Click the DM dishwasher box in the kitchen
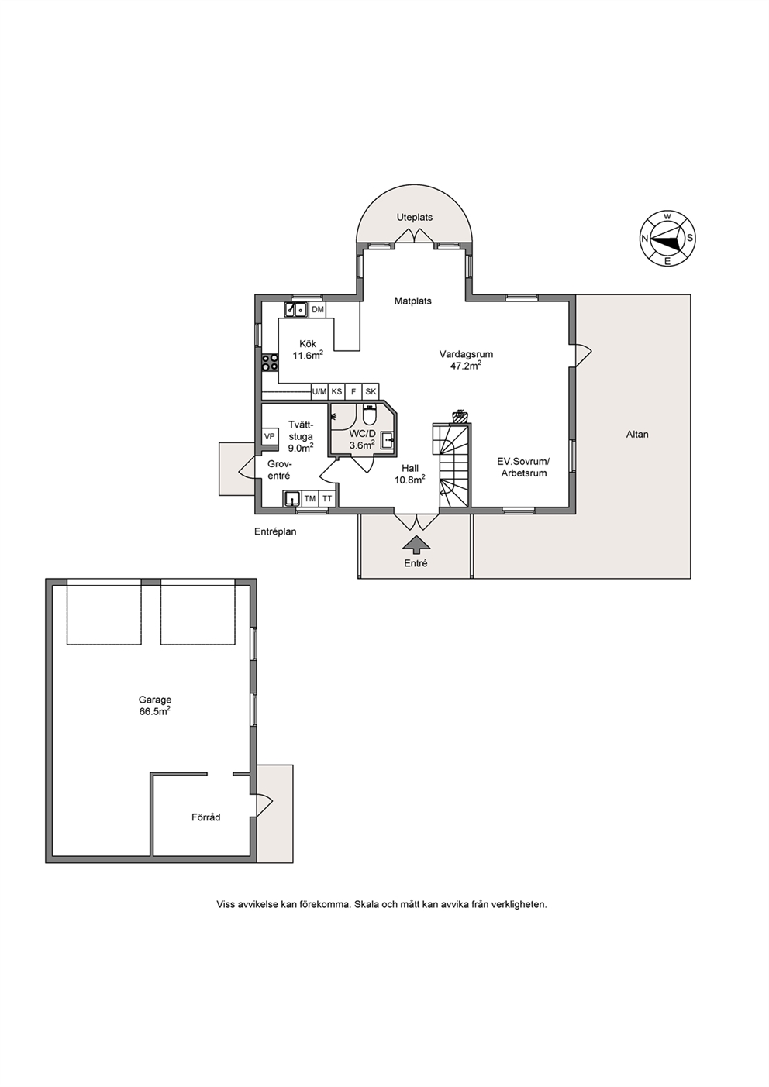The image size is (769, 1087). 318,310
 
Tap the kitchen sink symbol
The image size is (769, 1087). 295,309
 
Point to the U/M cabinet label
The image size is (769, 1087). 319,391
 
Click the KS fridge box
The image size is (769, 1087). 336,391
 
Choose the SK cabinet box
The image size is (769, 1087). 371,391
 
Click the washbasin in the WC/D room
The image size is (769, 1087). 388,441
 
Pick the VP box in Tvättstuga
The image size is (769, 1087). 270,436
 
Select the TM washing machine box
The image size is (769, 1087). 310,498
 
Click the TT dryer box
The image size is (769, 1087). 327,498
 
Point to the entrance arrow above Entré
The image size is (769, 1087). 416,545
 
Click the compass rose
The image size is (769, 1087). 667,239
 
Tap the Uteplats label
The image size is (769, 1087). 415,218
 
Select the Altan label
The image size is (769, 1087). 637,435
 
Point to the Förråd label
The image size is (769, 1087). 206,817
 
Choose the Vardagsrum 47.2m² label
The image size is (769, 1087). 466,359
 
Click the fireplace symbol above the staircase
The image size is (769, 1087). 459,416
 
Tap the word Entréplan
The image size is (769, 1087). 275,531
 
